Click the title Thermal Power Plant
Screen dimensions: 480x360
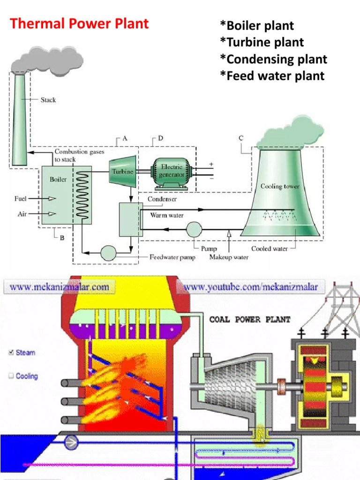coord(79,23)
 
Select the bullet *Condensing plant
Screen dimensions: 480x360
coord(273,60)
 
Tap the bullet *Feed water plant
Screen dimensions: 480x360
coord(272,76)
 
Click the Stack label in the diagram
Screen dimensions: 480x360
coord(48,100)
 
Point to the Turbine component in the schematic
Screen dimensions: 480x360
coord(122,171)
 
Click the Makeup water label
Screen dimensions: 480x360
coord(229,257)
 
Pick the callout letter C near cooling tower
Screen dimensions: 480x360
coord(241,138)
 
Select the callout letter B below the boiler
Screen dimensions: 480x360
coord(61,237)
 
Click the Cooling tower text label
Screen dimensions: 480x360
coord(280,186)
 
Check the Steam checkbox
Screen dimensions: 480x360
coord(10,352)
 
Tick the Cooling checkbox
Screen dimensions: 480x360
coord(10,376)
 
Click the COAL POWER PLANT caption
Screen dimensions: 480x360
coord(249,320)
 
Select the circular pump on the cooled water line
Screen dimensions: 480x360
coord(194,230)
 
